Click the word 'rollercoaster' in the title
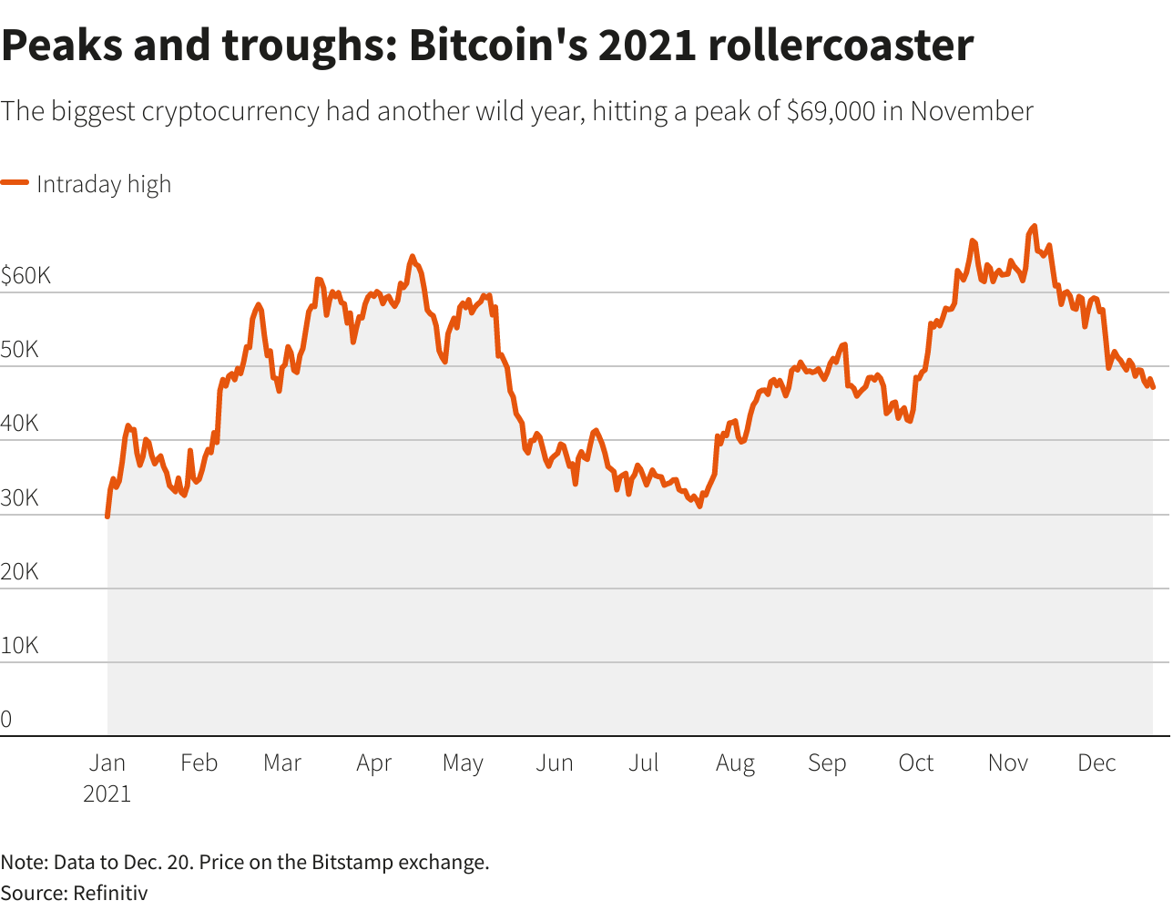(x=840, y=45)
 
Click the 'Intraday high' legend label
(x=104, y=184)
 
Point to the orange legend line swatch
(x=15, y=183)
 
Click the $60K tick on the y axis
(x=25, y=276)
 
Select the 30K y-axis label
(x=19, y=498)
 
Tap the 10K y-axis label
(x=19, y=646)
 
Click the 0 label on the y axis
(x=6, y=720)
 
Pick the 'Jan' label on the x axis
(x=107, y=763)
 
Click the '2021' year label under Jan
(x=107, y=793)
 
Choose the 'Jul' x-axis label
(x=643, y=763)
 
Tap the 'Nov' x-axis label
(x=1007, y=763)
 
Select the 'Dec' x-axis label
(x=1096, y=763)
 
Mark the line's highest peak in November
(x=1034, y=226)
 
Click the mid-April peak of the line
(x=412, y=257)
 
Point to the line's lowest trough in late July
(x=699, y=506)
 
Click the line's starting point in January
(x=107, y=517)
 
